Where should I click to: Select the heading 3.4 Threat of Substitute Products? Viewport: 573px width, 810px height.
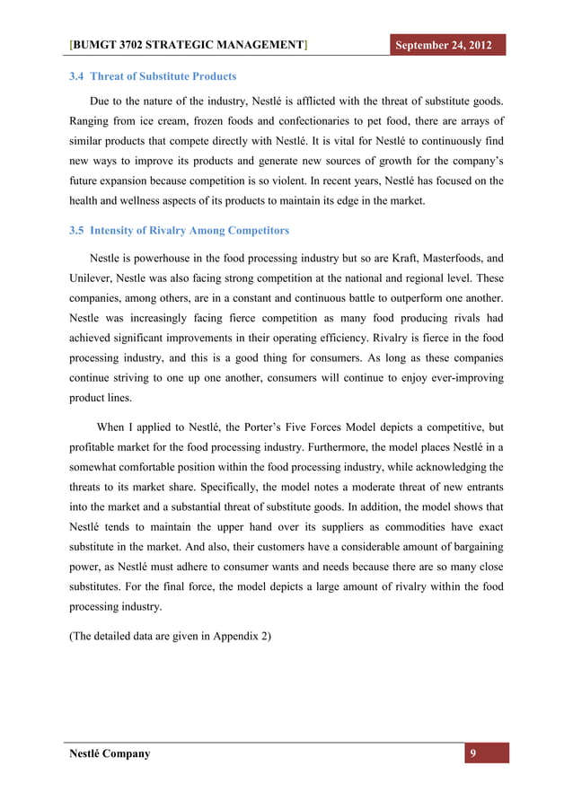[153, 76]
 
